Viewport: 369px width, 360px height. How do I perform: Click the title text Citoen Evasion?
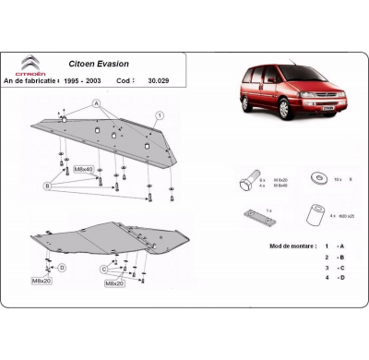[x=102, y=65]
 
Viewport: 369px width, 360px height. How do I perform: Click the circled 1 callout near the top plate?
[x=159, y=114]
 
